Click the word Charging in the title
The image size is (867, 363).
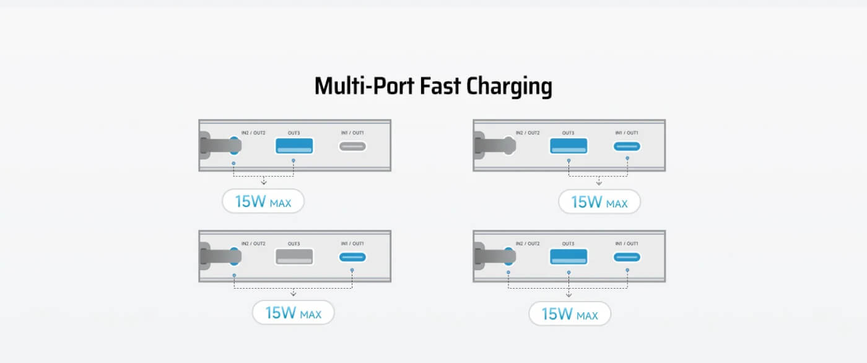pyautogui.click(x=509, y=86)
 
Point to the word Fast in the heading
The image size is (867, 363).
pyautogui.click(x=440, y=86)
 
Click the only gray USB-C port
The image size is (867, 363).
pyautogui.click(x=352, y=146)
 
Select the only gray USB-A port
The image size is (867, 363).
pyautogui.click(x=294, y=256)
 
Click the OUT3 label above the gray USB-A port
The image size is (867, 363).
pyautogui.click(x=294, y=244)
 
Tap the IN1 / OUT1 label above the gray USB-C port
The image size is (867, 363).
pyautogui.click(x=352, y=133)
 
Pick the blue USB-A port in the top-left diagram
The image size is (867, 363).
pyautogui.click(x=294, y=146)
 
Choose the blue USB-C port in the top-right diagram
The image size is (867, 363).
pyautogui.click(x=627, y=146)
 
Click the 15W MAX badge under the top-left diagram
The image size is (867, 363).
pyautogui.click(x=263, y=201)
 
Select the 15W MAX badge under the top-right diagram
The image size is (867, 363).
pyautogui.click(x=599, y=201)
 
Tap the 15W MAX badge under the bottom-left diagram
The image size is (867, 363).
pyautogui.click(x=294, y=313)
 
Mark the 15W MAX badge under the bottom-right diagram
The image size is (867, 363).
pyautogui.click(x=570, y=314)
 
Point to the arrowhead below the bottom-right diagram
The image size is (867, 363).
pyautogui.click(x=569, y=295)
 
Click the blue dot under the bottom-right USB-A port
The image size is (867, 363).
pyautogui.click(x=569, y=273)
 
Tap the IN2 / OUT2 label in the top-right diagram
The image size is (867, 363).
pyautogui.click(x=528, y=133)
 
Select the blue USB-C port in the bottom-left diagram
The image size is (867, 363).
pyautogui.click(x=352, y=257)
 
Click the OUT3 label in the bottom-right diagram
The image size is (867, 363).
pyautogui.click(x=569, y=244)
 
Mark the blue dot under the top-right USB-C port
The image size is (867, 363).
pyautogui.click(x=627, y=159)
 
